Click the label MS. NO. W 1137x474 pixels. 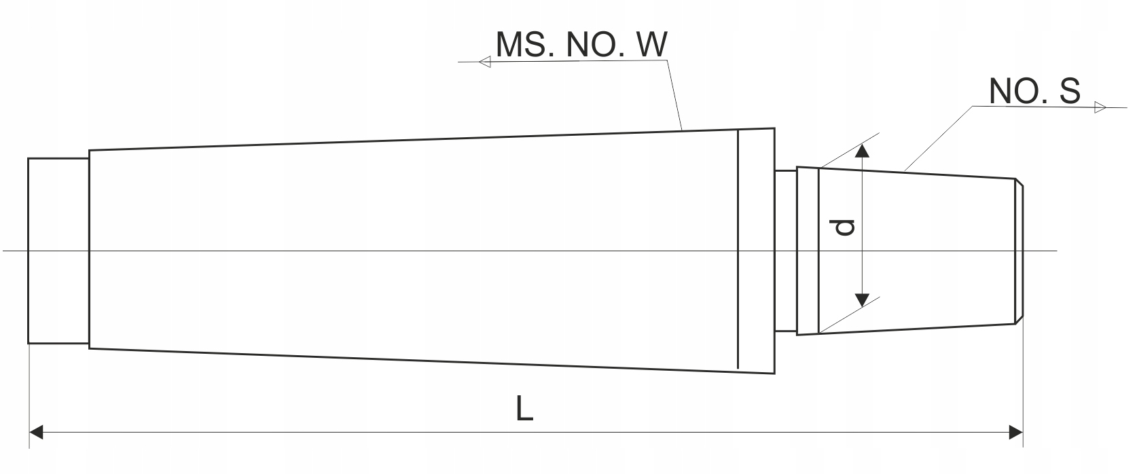click(581, 45)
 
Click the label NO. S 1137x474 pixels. click(1034, 91)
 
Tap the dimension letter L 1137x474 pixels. click(524, 409)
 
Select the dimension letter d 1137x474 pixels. click(844, 227)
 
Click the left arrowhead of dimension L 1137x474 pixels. click(37, 432)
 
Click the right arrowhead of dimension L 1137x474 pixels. click(1015, 432)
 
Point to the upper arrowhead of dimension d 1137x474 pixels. click(861, 150)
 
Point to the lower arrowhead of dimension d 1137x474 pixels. click(861, 299)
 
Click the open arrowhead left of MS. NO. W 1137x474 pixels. click(485, 62)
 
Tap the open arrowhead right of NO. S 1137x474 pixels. click(1100, 107)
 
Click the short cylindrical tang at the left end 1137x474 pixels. click(58, 251)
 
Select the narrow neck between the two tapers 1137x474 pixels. click(786, 251)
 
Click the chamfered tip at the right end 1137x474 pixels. click(1019, 251)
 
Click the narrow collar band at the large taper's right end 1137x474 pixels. click(755, 251)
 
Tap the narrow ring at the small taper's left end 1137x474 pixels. click(808, 251)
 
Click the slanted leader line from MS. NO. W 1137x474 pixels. click(674, 95)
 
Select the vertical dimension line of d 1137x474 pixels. click(861, 204)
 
